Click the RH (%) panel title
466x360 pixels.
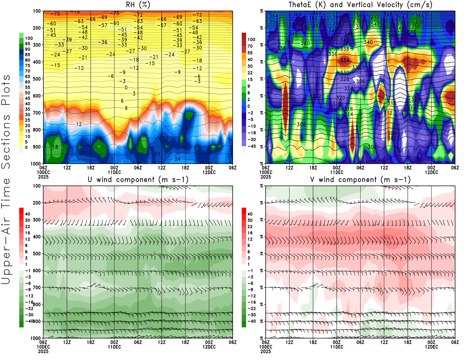[138, 5]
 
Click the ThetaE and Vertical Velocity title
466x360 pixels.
[360, 5]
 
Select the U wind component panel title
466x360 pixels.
[138, 179]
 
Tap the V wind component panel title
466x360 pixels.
[360, 179]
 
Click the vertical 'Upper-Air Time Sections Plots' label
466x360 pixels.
[6, 179]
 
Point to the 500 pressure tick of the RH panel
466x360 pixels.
[37, 79]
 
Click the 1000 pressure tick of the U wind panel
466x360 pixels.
[36, 338]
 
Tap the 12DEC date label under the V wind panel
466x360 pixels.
[431, 347]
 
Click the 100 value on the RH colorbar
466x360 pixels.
[29, 38]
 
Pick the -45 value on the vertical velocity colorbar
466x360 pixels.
[251, 146]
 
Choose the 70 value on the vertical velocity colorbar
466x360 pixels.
[250, 46]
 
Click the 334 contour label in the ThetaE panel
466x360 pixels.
[345, 60]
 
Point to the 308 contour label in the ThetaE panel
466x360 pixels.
[301, 124]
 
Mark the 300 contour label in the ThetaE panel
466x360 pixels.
[372, 147]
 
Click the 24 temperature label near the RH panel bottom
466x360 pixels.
[177, 159]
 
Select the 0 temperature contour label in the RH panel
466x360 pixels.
[126, 88]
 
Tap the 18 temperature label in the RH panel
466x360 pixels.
[55, 147]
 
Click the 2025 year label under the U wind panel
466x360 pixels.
[43, 351]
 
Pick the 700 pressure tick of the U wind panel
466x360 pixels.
[37, 287]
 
